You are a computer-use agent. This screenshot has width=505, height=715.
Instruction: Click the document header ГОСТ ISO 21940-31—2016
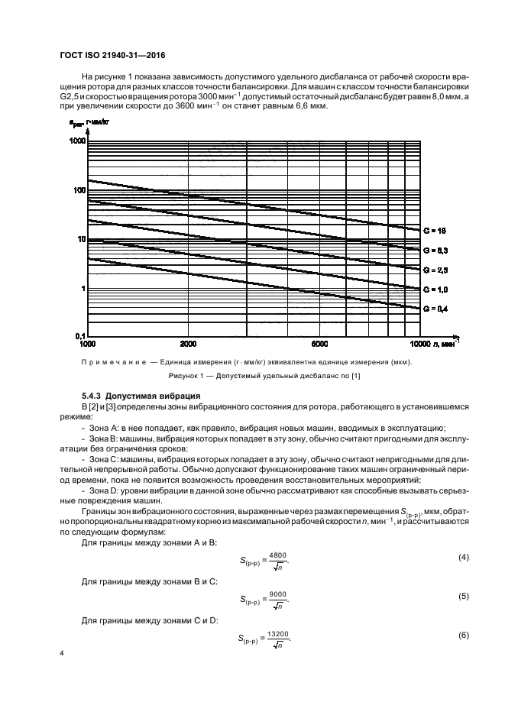(x=112, y=56)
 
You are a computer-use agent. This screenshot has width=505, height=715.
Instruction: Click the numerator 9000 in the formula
(x=278, y=594)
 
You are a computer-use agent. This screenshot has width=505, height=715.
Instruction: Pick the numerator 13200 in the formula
(x=280, y=633)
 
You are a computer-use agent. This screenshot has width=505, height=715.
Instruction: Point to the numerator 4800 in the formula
(x=278, y=554)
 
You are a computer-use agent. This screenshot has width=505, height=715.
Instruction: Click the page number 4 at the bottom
(x=60, y=655)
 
